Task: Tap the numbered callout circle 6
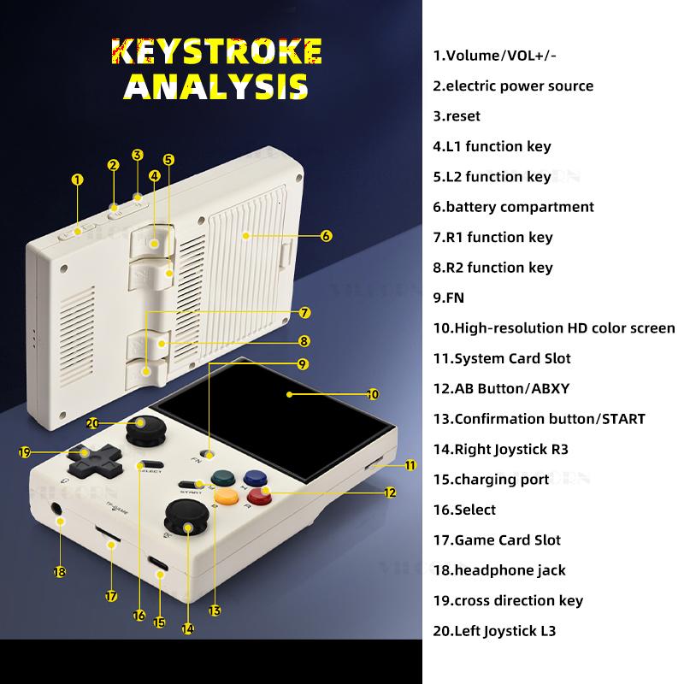click(x=326, y=235)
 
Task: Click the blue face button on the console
click(x=253, y=478)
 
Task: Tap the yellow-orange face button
click(x=226, y=494)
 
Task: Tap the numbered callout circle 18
click(x=59, y=572)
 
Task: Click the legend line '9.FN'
click(x=450, y=298)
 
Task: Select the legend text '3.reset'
click(x=457, y=115)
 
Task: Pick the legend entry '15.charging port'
click(x=491, y=479)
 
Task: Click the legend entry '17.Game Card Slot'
click(x=497, y=540)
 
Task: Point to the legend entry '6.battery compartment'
click(x=513, y=206)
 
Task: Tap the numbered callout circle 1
click(x=78, y=180)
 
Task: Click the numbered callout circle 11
click(x=410, y=465)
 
